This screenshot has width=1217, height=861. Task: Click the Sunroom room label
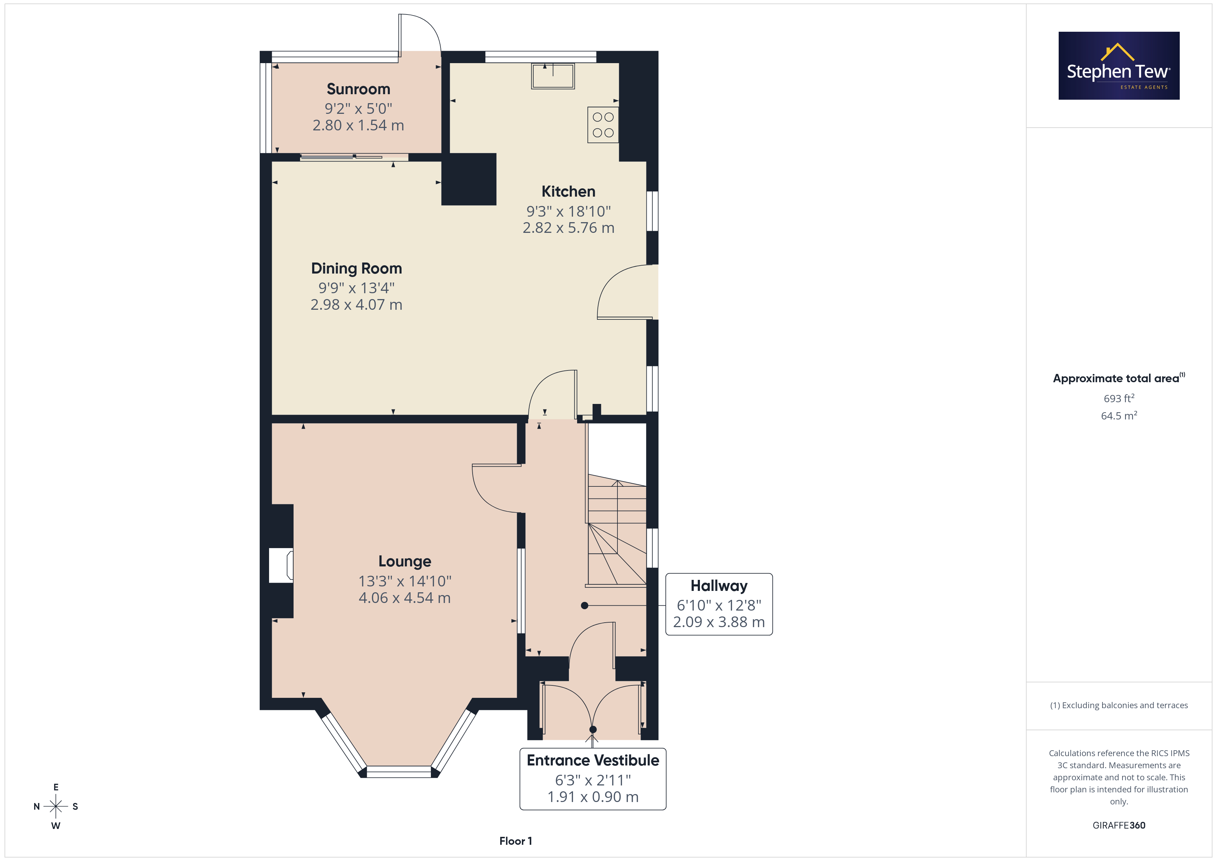point(358,89)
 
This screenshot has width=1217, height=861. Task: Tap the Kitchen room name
point(568,191)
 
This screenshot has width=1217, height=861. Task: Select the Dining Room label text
point(356,269)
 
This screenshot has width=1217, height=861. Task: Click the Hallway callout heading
point(719,586)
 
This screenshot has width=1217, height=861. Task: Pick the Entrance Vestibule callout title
point(593,760)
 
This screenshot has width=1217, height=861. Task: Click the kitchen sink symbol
point(553,76)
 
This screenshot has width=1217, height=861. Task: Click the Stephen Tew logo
point(1119,66)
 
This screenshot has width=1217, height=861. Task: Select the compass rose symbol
point(56,806)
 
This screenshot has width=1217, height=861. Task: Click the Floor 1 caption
point(515,841)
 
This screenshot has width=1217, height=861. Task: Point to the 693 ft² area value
point(1119,398)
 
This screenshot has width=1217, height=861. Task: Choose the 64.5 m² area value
point(1119,416)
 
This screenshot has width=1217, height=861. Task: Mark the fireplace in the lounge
point(281,565)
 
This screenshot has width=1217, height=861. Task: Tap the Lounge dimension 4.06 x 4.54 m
point(404,598)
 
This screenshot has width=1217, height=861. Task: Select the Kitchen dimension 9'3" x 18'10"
point(568,211)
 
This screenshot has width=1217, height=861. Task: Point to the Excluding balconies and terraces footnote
point(1119,705)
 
